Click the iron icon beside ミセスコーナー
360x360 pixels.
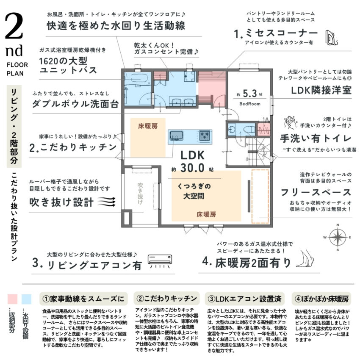pyautogui.click(x=332, y=38)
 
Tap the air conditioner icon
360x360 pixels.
pyautogui.click(x=160, y=261)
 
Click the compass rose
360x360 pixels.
pyautogui.click(x=338, y=238)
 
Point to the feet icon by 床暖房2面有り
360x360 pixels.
pyautogui.click(x=305, y=259)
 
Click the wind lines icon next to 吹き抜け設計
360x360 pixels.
pyautogui.click(x=107, y=202)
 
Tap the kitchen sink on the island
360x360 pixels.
pyautogui.click(x=176, y=136)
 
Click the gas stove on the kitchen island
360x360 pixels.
pyautogui.click(x=204, y=136)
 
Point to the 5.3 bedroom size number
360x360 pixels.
pyautogui.click(x=250, y=94)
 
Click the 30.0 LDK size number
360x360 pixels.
pyautogui.click(x=192, y=168)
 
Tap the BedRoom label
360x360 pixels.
pyautogui.click(x=250, y=104)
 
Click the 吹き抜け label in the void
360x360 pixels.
pyautogui.click(x=140, y=193)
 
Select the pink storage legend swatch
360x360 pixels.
pyautogui.click(x=12, y=299)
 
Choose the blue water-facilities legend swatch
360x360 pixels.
pyautogui.click(x=26, y=299)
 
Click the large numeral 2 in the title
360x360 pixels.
pyautogui.click(x=14, y=26)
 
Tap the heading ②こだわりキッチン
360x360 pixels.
pyautogui.click(x=166, y=299)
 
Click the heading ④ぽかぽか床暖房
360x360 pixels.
pyautogui.click(x=321, y=299)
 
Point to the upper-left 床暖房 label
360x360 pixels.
pyautogui.click(x=148, y=126)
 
